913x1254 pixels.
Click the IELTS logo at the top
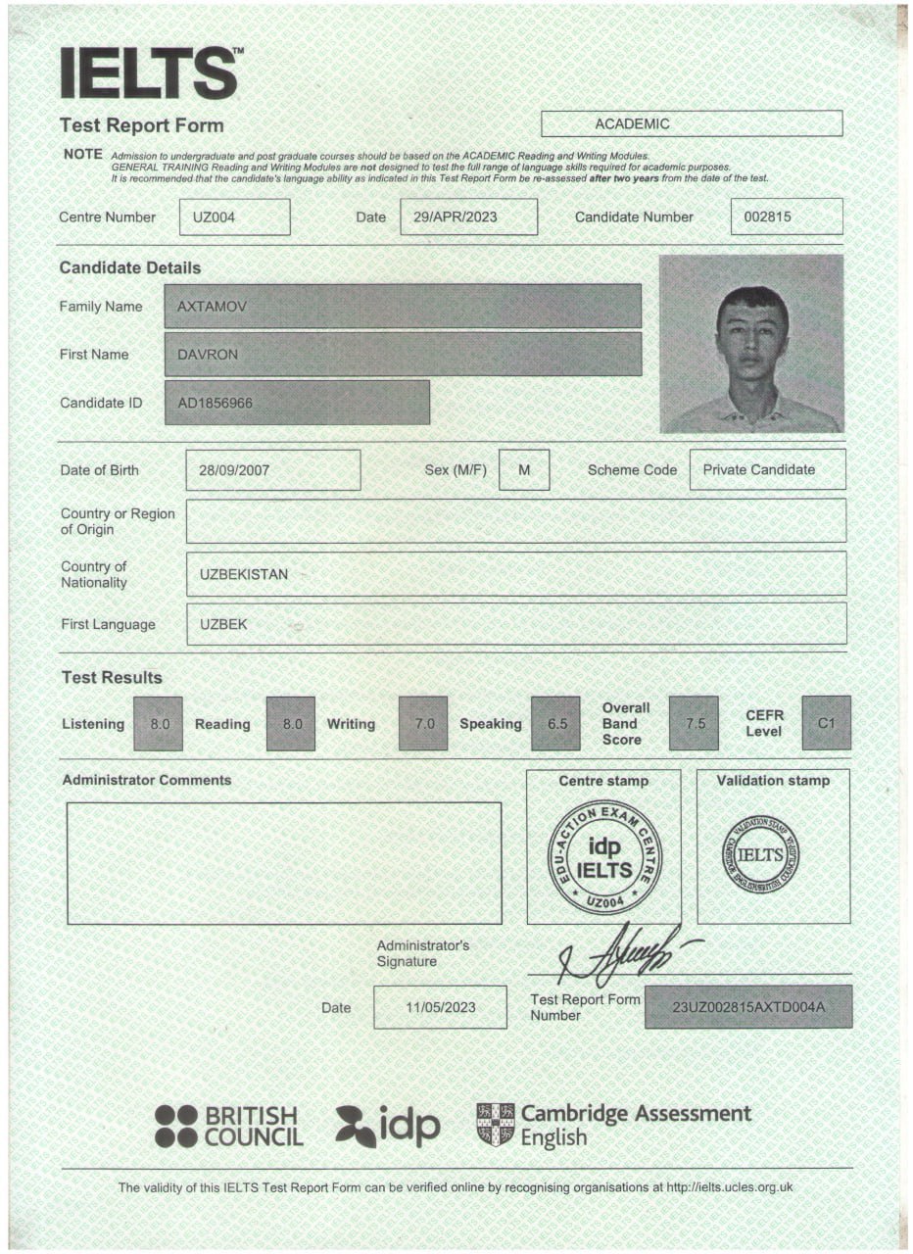(x=149, y=73)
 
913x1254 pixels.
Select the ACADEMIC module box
(x=692, y=123)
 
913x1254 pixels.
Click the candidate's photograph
(x=751, y=344)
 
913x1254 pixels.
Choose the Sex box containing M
(x=524, y=470)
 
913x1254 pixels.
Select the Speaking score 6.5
(x=555, y=724)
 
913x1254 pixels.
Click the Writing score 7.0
(x=423, y=724)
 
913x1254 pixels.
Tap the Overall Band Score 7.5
(x=694, y=724)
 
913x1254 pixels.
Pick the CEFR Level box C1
(x=826, y=724)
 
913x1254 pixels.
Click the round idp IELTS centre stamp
(x=604, y=857)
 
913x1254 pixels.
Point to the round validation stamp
(x=760, y=854)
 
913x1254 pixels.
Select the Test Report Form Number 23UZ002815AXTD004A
(x=748, y=1006)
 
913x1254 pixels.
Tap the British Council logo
(x=228, y=1127)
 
